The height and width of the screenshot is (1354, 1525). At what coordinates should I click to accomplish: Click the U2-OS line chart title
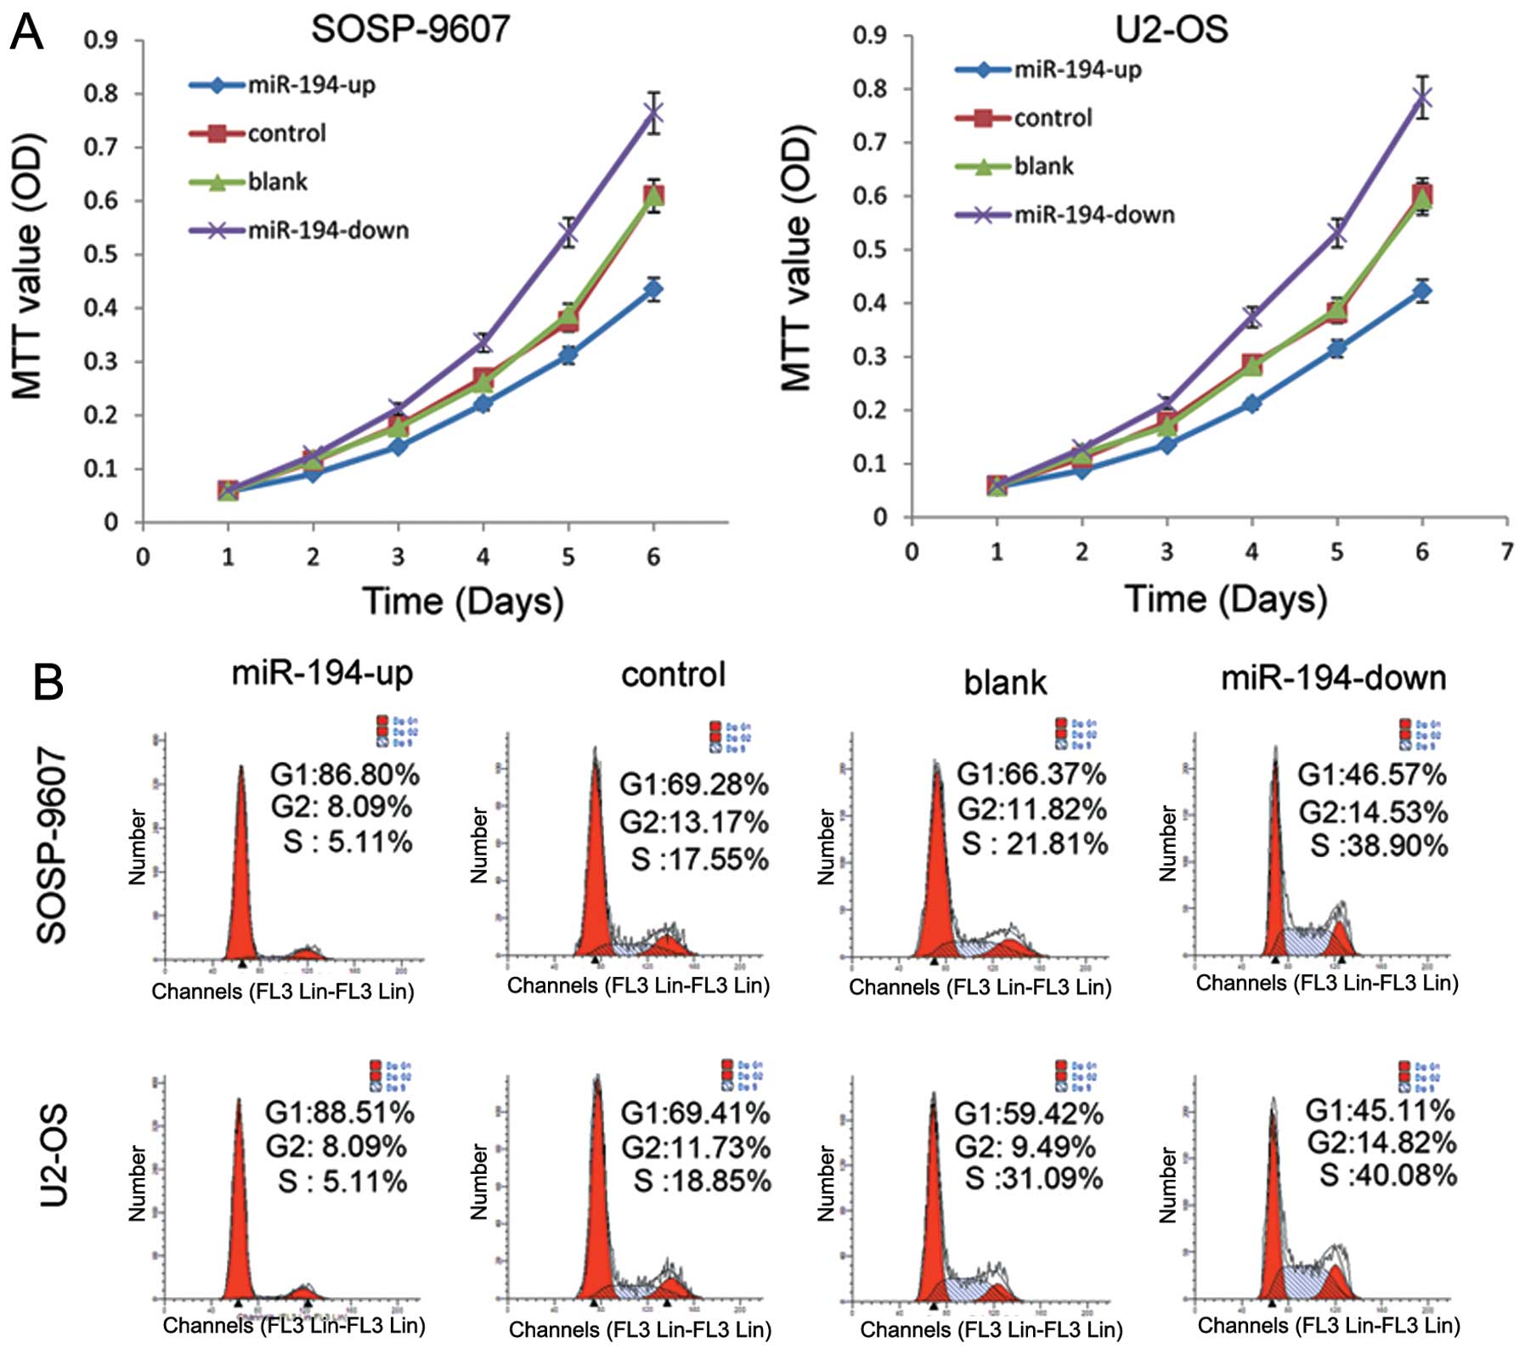pyautogui.click(x=1171, y=29)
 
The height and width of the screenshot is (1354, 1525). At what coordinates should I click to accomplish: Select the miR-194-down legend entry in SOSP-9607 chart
pyautogui.click(x=328, y=230)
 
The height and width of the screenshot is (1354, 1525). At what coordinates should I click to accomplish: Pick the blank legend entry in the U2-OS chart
pyautogui.click(x=1043, y=166)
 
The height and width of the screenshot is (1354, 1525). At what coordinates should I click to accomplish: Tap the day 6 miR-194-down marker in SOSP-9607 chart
pyautogui.click(x=652, y=113)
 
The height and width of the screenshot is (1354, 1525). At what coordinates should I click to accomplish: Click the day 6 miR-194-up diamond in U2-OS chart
pyautogui.click(x=1421, y=291)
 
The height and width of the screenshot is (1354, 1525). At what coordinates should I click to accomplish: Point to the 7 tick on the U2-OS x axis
pyautogui.click(x=1506, y=552)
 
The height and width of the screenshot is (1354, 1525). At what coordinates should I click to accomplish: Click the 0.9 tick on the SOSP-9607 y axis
pyautogui.click(x=100, y=40)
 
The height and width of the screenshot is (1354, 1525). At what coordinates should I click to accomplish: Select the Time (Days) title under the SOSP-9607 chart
pyautogui.click(x=463, y=601)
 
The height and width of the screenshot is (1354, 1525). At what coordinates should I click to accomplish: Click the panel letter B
pyautogui.click(x=48, y=682)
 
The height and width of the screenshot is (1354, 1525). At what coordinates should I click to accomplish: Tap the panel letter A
pyautogui.click(x=26, y=34)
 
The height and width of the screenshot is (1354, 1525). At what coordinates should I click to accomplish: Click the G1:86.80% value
pyautogui.click(x=344, y=775)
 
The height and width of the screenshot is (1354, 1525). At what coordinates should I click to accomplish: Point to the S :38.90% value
pyautogui.click(x=1378, y=845)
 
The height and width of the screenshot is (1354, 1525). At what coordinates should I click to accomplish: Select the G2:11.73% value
pyautogui.click(x=696, y=1148)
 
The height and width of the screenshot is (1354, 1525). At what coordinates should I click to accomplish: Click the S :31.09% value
pyautogui.click(x=1033, y=1178)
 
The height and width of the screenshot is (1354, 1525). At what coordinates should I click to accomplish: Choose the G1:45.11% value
pyautogui.click(x=1379, y=1110)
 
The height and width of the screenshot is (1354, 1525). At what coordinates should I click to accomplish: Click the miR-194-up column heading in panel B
pyautogui.click(x=322, y=673)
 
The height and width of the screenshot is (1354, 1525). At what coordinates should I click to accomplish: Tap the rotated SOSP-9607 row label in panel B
pyautogui.click(x=53, y=845)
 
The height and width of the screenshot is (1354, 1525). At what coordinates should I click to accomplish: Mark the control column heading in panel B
pyautogui.click(x=673, y=674)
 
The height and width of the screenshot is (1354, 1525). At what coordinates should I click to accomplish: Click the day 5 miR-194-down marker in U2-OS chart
pyautogui.click(x=1336, y=232)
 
